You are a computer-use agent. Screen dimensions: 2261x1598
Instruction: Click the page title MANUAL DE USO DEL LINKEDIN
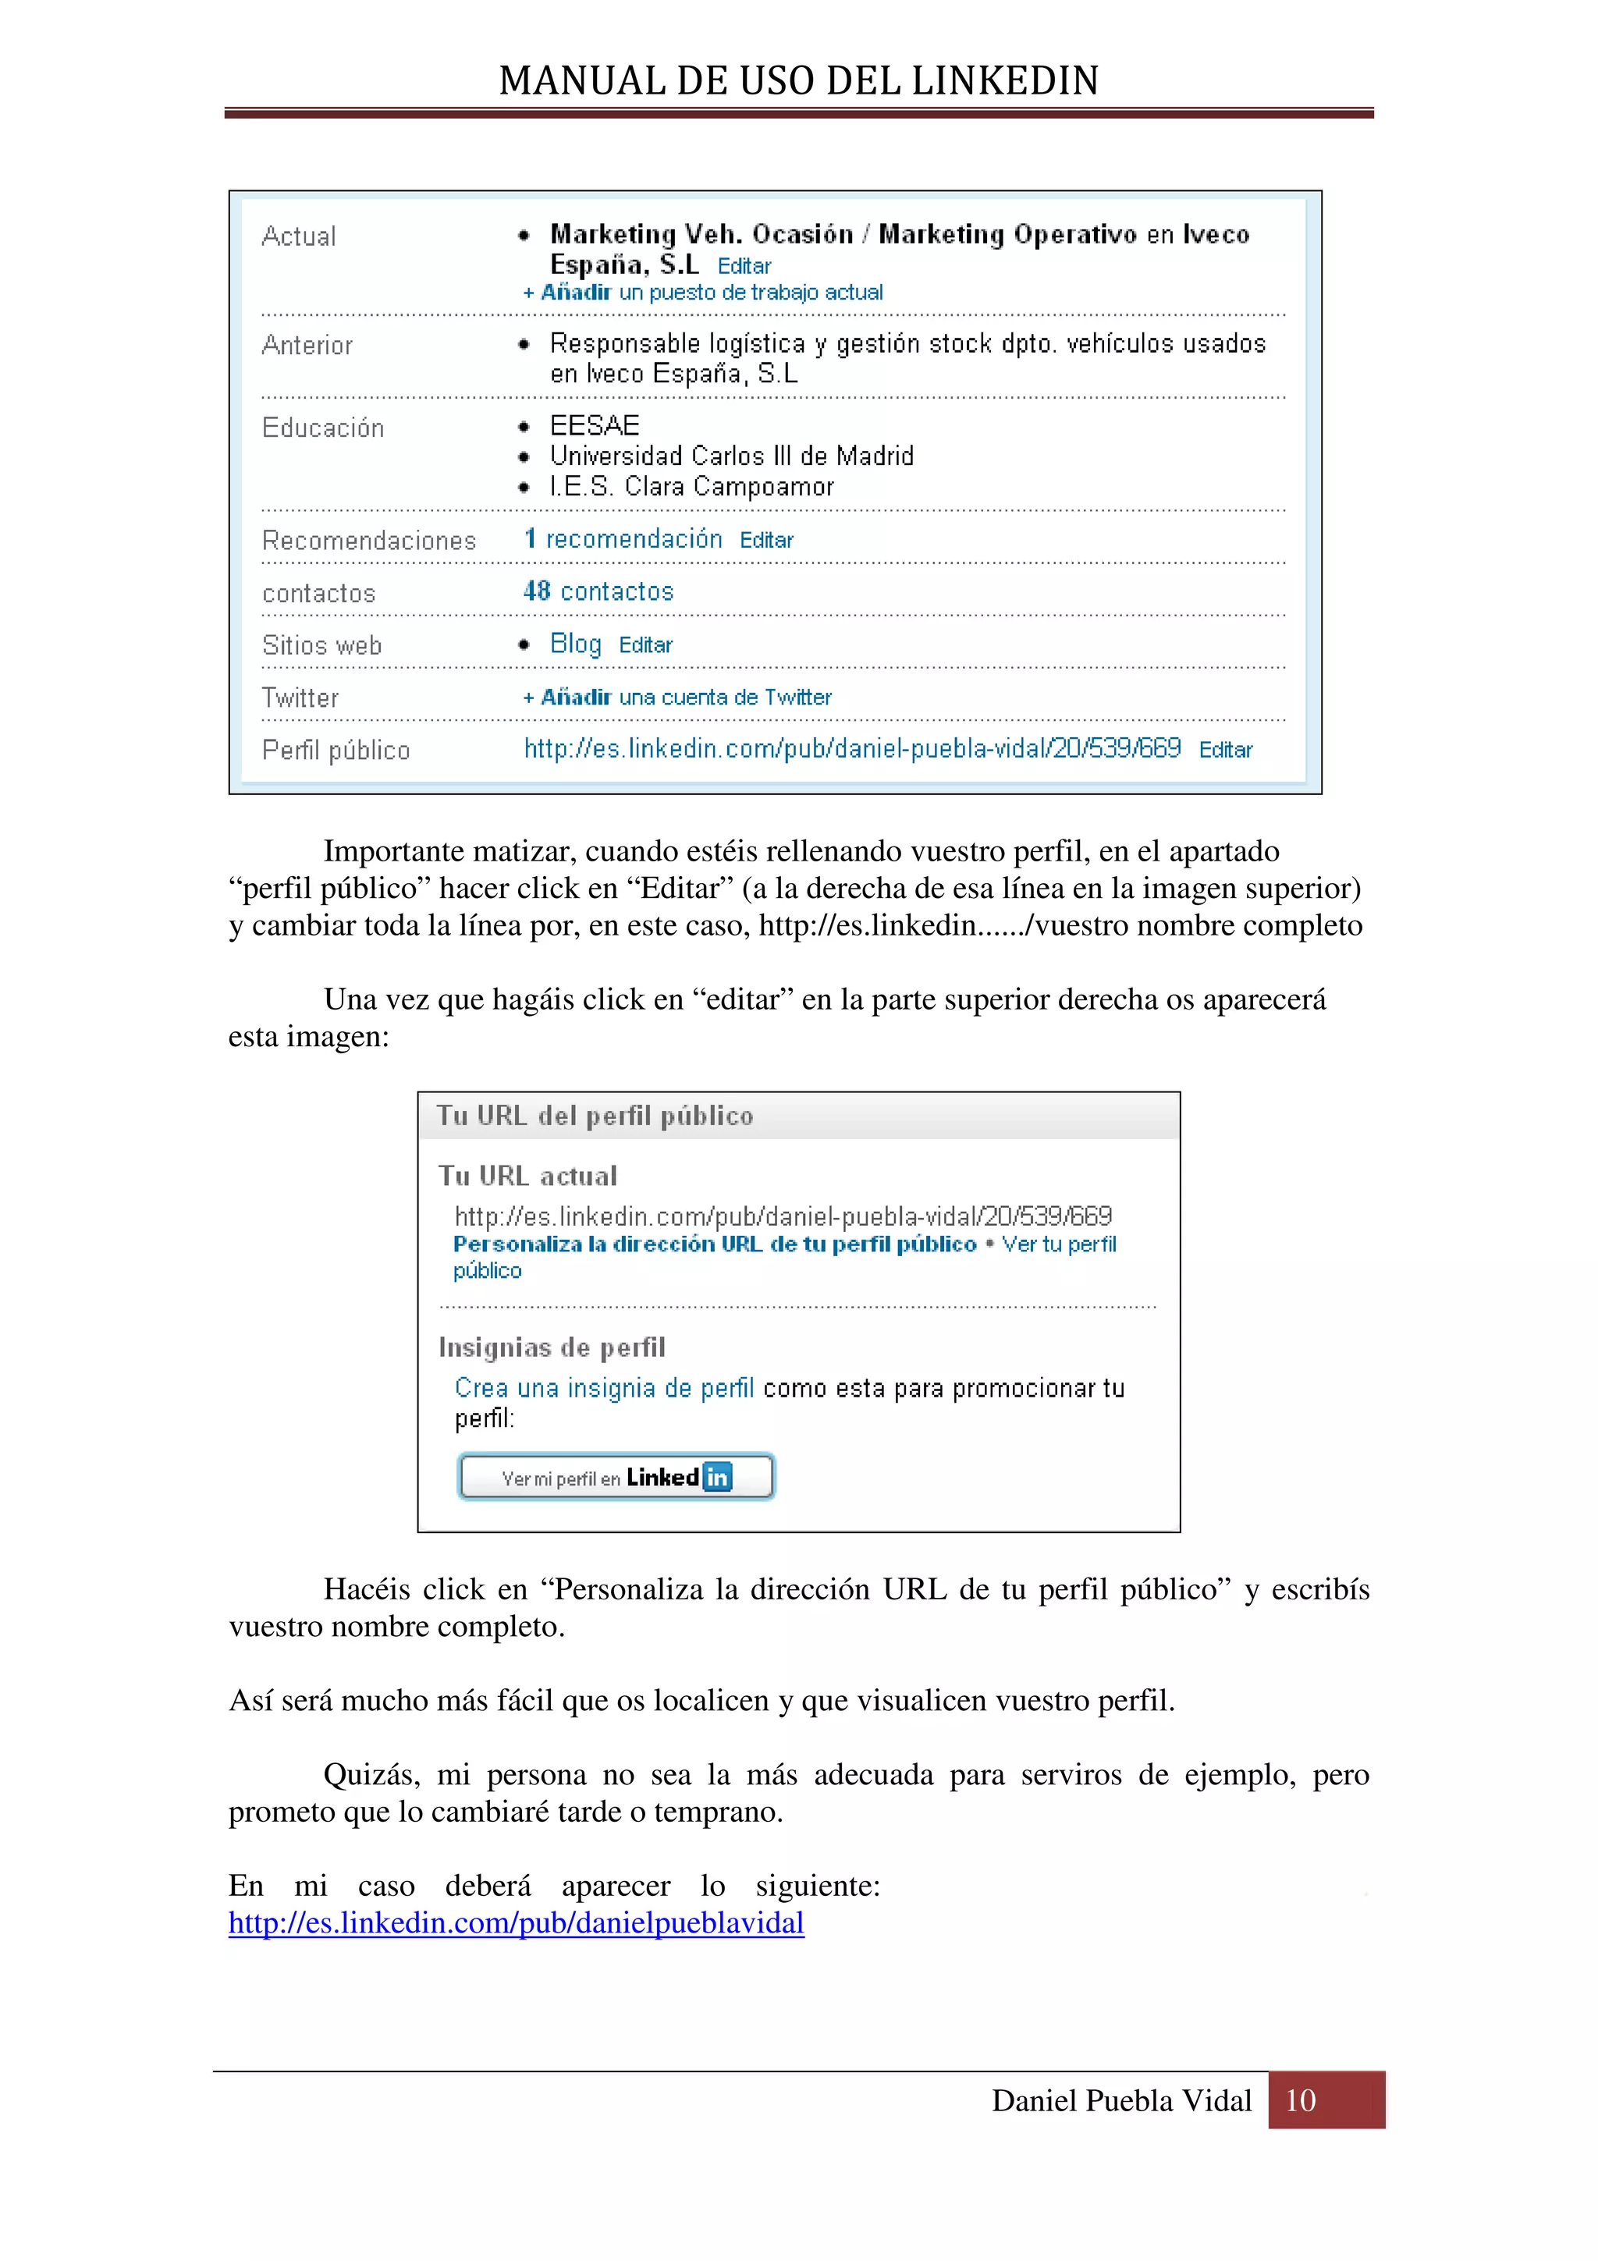[798, 81]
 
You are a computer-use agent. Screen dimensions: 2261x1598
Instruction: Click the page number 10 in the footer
[1301, 2100]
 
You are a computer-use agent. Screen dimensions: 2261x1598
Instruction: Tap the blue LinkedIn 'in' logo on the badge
[718, 1477]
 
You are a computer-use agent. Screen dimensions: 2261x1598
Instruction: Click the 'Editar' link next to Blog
[645, 645]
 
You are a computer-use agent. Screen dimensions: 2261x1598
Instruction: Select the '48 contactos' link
[598, 592]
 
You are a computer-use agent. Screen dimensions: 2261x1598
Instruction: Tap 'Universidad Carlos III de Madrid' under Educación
[732, 456]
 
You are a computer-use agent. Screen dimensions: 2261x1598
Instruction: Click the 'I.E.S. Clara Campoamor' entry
[691, 487]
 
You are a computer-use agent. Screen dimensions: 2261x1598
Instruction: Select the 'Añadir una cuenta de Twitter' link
[677, 697]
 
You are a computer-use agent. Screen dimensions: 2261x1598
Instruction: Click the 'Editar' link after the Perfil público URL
[1225, 751]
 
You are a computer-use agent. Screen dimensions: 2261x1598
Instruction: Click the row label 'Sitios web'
[322, 645]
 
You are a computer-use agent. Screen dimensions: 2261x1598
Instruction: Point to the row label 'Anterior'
[307, 346]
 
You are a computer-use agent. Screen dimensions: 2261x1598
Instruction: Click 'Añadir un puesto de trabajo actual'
[703, 293]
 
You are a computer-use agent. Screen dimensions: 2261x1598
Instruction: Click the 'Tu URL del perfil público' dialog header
[595, 1116]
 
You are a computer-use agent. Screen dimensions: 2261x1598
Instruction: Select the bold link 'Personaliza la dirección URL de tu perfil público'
[715, 1244]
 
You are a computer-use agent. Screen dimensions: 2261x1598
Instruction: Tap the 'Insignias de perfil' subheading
[552, 1347]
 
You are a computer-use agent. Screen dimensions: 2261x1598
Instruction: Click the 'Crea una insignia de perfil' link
[604, 1389]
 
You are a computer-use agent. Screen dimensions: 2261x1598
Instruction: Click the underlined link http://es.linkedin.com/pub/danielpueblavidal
[516, 1923]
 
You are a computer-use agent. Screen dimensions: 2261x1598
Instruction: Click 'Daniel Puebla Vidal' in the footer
[1121, 2100]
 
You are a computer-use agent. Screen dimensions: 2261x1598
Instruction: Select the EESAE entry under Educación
[595, 425]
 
